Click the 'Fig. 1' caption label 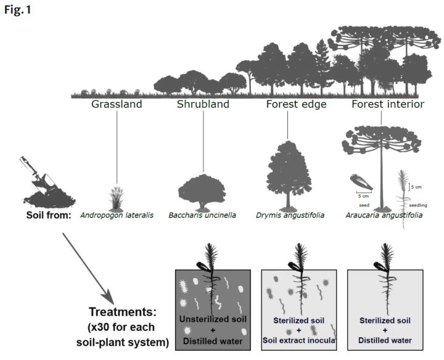17,10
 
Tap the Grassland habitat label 117,104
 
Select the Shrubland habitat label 203,104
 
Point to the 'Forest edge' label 287,104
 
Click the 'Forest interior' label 388,104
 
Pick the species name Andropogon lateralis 117,215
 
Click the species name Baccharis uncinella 203,215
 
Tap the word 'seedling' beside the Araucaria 417,205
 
